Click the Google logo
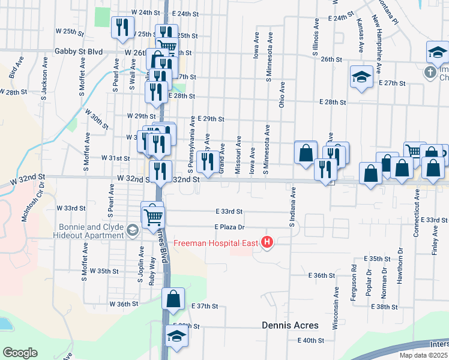[20, 352]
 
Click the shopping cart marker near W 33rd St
[153, 216]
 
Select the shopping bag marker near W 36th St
[173, 299]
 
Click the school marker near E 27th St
[361, 77]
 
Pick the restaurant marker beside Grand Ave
[208, 162]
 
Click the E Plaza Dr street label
[231, 227]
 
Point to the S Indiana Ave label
[294, 207]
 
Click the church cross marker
[429, 73]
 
